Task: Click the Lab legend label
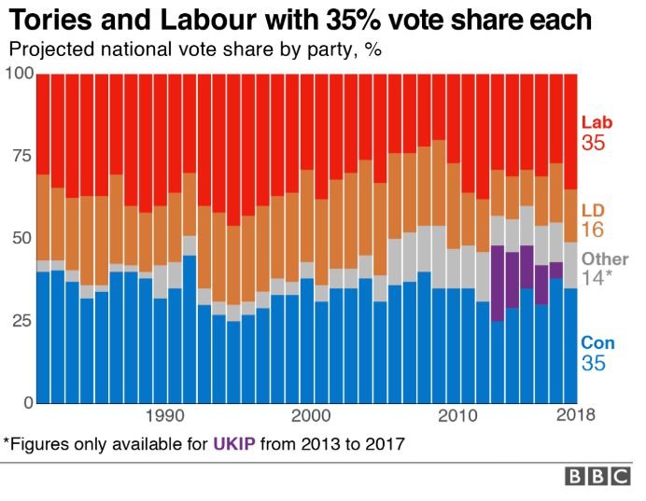pyautogui.click(x=596, y=122)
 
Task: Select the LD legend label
pyautogui.click(x=592, y=210)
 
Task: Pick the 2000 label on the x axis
pyautogui.click(x=311, y=416)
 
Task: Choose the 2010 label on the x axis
pyautogui.click(x=456, y=416)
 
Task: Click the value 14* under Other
pyautogui.click(x=597, y=278)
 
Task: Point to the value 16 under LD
pyautogui.click(x=592, y=230)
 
